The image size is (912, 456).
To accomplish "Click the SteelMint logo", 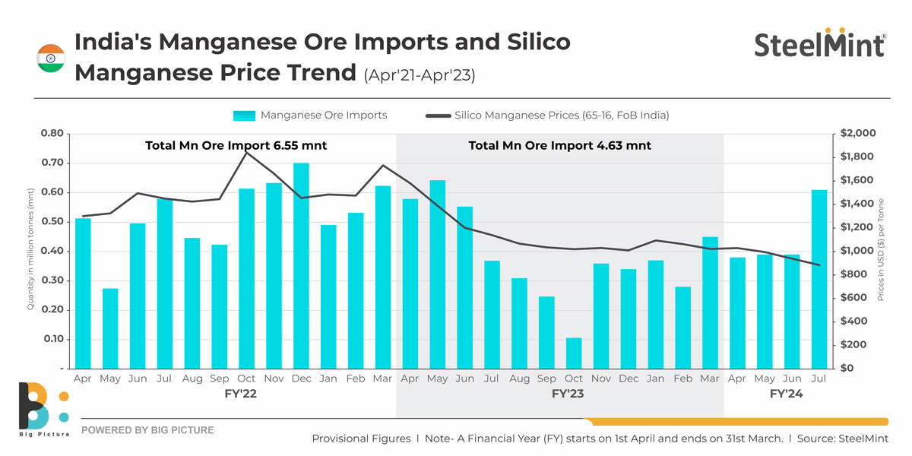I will click(820, 45).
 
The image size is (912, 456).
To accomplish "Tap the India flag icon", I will click(51, 59).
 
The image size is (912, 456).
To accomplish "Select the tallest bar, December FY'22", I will click(302, 265).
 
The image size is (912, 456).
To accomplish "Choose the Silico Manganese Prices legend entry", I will click(547, 116).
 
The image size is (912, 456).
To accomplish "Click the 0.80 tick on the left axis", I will click(51, 134).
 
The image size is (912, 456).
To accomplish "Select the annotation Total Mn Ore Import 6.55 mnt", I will click(236, 145).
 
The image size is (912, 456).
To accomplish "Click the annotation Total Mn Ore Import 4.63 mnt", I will click(559, 145).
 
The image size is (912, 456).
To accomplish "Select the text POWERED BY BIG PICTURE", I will click(147, 430).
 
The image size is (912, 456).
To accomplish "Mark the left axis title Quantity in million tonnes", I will click(31, 251).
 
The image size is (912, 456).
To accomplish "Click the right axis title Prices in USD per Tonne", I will click(881, 251).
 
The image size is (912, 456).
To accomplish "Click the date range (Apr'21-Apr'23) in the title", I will click(420, 75).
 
